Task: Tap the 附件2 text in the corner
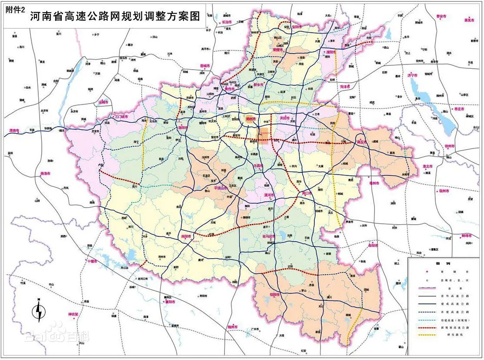[15, 10]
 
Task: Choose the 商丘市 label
[362, 142]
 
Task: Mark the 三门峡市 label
[120, 117]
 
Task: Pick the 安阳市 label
[297, 27]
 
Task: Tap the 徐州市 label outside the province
[449, 146]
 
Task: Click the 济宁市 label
[412, 75]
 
